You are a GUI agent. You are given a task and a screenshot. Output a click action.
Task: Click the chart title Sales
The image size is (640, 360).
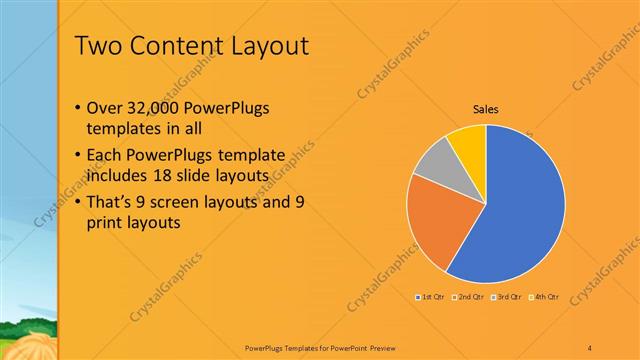tap(486, 110)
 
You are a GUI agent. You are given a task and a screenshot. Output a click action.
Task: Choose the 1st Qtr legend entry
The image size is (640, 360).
tap(430, 298)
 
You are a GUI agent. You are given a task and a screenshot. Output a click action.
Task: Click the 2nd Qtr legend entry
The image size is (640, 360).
tap(469, 298)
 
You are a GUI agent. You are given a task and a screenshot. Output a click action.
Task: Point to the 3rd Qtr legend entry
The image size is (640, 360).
tap(507, 298)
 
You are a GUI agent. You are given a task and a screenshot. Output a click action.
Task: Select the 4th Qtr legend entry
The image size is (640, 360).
tap(544, 298)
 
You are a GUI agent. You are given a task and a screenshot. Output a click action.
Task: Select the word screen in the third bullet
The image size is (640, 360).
tap(190, 202)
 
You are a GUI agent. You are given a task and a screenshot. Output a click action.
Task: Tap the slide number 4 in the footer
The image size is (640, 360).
tap(590, 348)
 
